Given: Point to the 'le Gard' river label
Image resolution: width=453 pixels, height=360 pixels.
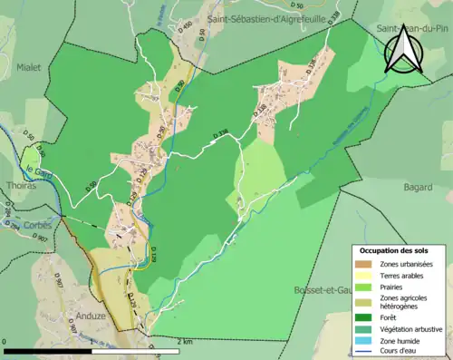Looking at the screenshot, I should [38, 169].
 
